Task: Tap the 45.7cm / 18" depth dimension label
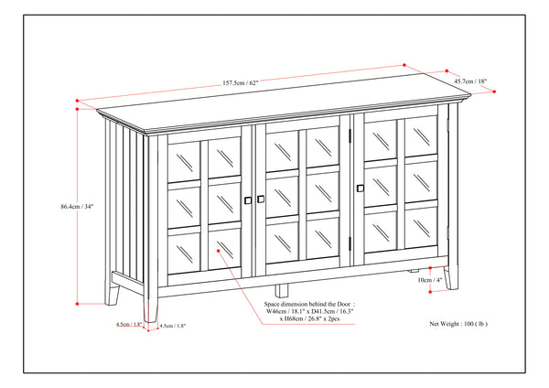(x=469, y=81)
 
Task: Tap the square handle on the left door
(x=246, y=198)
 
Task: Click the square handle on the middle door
(x=262, y=199)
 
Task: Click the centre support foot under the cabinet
(x=417, y=272)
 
